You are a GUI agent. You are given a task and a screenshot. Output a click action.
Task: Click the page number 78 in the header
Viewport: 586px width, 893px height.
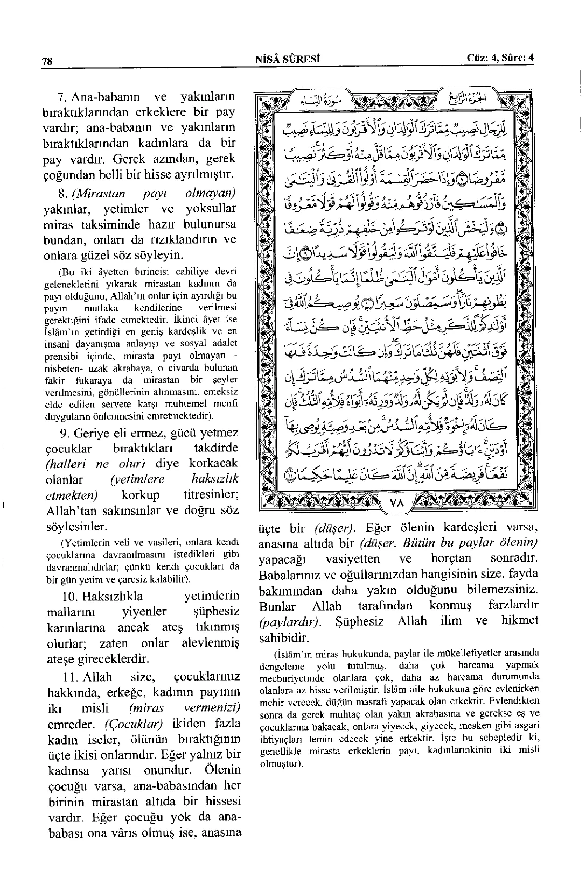click(x=47, y=61)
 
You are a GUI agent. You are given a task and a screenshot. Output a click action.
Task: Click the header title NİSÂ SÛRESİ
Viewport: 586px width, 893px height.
click(x=288, y=59)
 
